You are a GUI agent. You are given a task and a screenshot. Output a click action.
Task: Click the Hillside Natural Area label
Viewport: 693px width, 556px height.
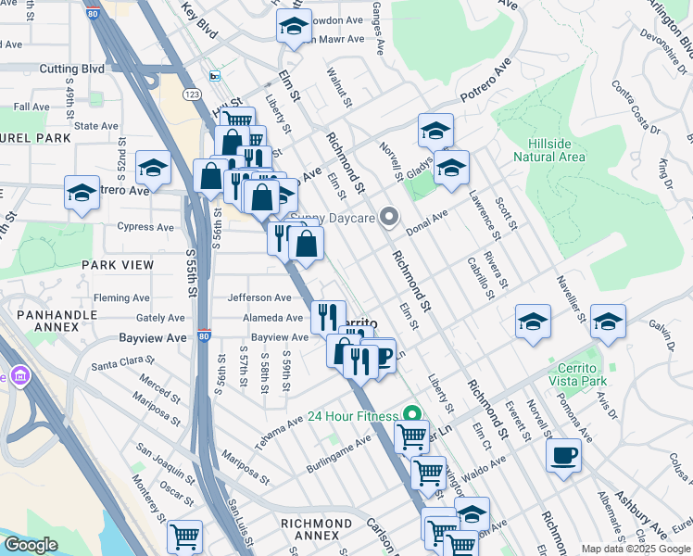[556, 150]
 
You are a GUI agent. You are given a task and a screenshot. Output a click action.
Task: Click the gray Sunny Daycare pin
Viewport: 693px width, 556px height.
[390, 219]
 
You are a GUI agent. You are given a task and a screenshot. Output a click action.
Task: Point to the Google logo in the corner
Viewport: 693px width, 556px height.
[30, 545]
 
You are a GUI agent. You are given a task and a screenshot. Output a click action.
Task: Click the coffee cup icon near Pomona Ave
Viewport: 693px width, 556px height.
[563, 456]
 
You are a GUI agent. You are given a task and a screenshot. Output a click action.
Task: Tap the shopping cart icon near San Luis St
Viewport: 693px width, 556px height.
[184, 536]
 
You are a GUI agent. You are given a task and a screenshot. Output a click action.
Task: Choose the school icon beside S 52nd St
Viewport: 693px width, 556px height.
[154, 168]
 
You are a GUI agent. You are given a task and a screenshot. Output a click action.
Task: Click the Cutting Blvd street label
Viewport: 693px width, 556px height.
[71, 69]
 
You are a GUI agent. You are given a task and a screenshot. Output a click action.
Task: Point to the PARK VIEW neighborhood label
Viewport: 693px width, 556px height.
[117, 265]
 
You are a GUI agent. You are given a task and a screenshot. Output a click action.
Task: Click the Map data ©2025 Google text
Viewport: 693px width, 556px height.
[636, 549]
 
